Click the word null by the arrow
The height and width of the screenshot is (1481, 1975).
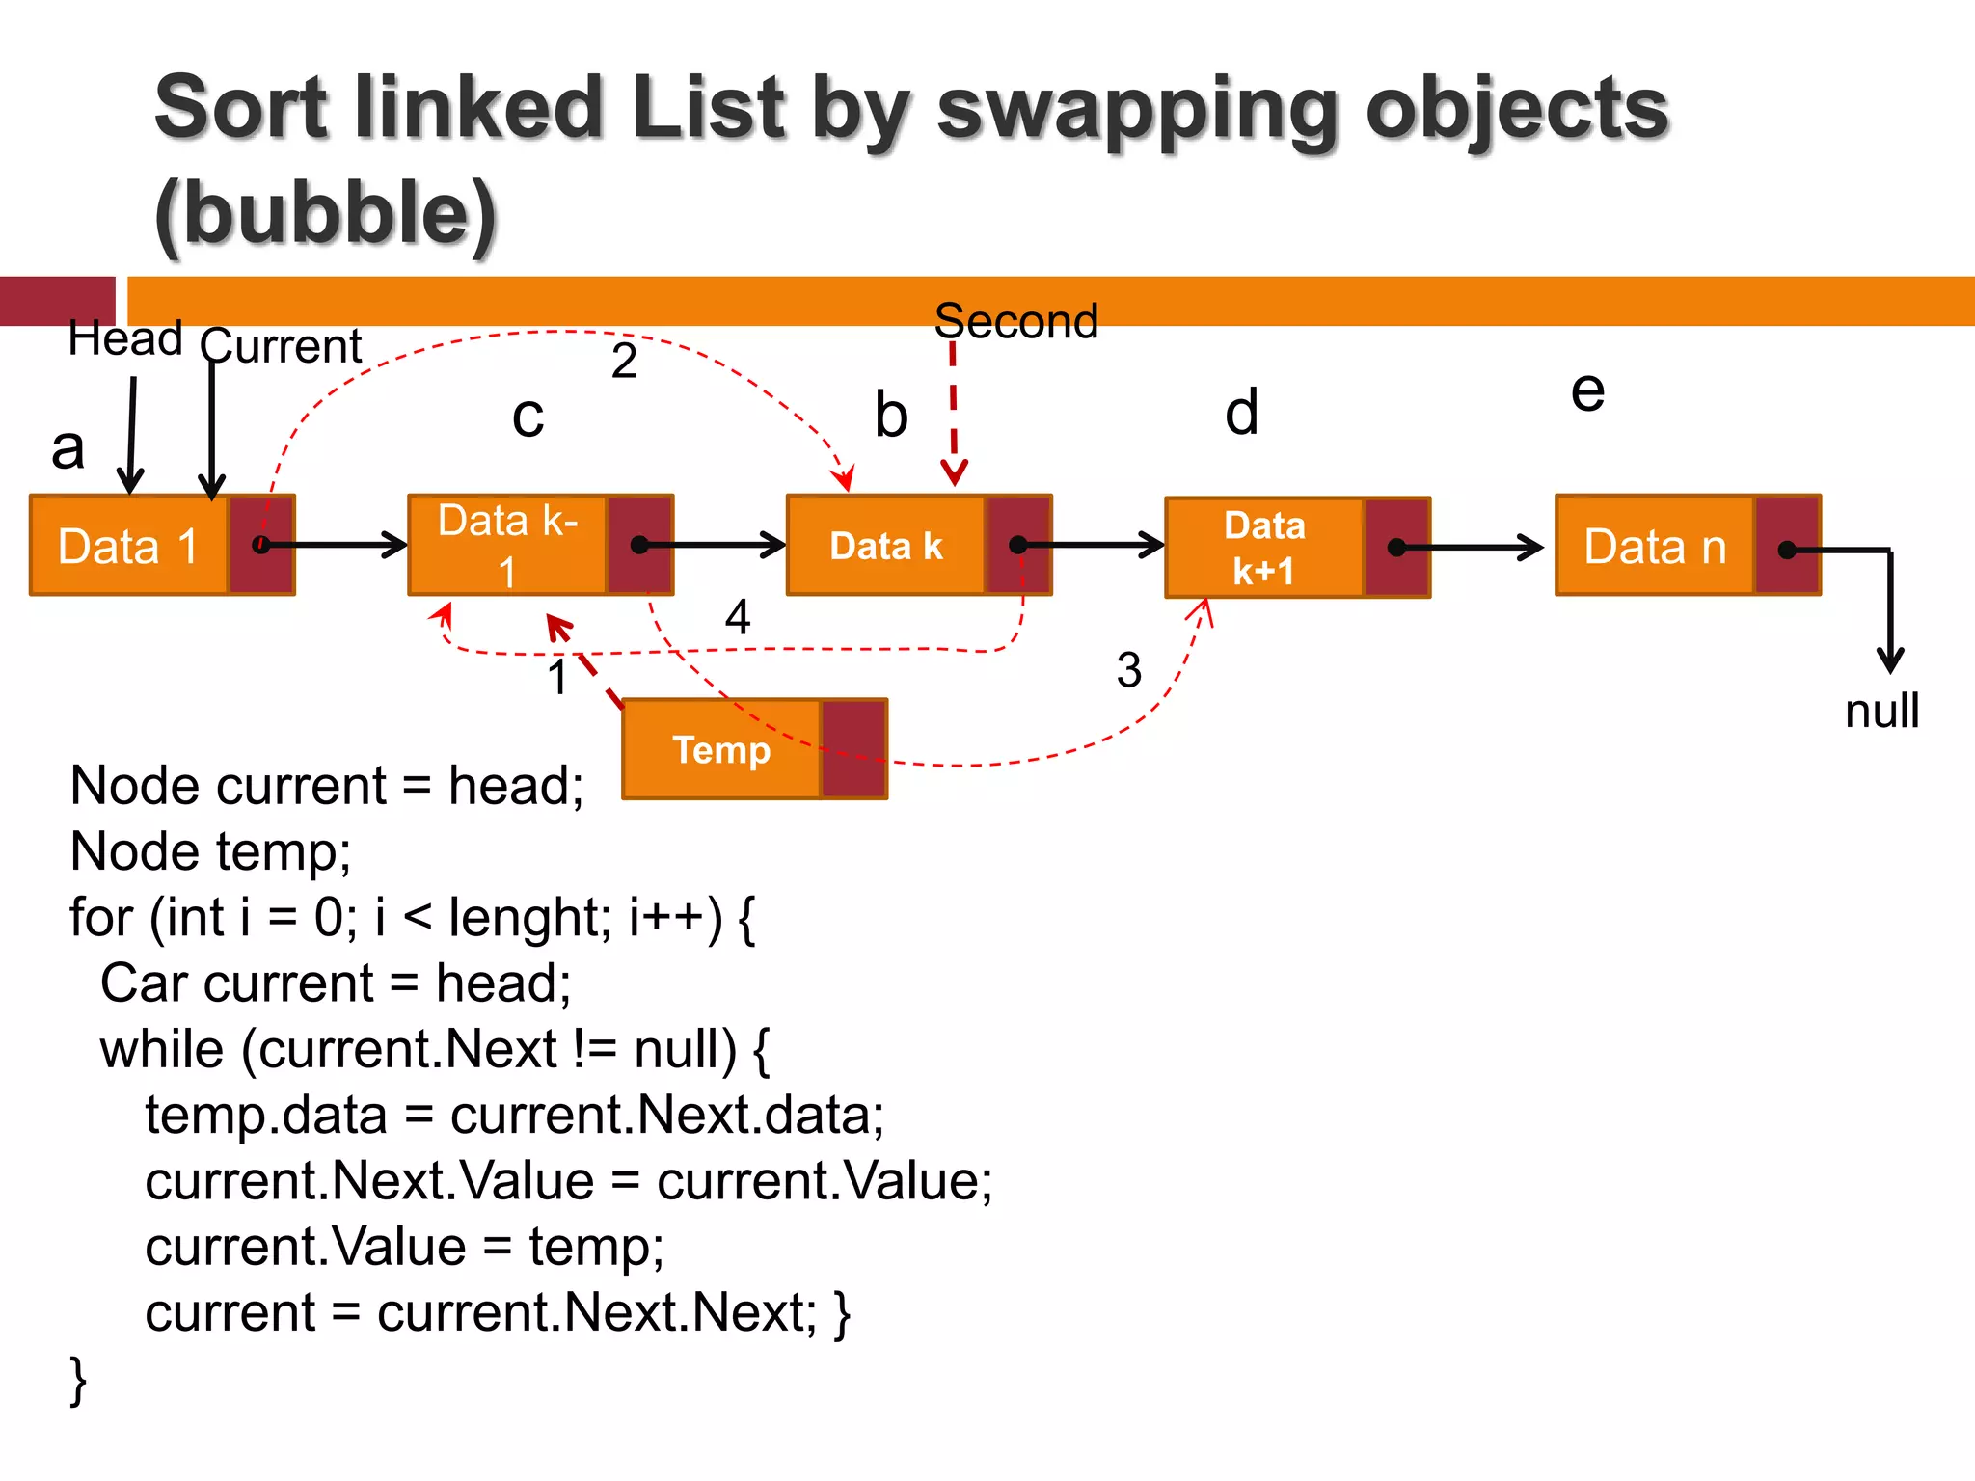point(1881,712)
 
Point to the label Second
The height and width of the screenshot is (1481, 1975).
point(1016,321)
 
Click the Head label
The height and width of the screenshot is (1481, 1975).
point(125,339)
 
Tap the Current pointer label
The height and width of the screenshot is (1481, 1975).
point(282,346)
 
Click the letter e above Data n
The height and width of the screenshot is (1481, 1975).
point(1587,391)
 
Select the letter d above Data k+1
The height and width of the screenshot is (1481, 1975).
point(1242,413)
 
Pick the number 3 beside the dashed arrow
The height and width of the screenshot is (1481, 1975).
point(1129,670)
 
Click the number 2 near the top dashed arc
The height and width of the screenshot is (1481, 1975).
point(624,362)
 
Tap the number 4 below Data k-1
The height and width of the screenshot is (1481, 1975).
point(738,617)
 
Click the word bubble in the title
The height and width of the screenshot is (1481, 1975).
point(325,214)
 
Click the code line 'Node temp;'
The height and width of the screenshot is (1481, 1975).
point(210,851)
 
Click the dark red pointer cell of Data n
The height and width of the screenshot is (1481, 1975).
point(1787,546)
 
